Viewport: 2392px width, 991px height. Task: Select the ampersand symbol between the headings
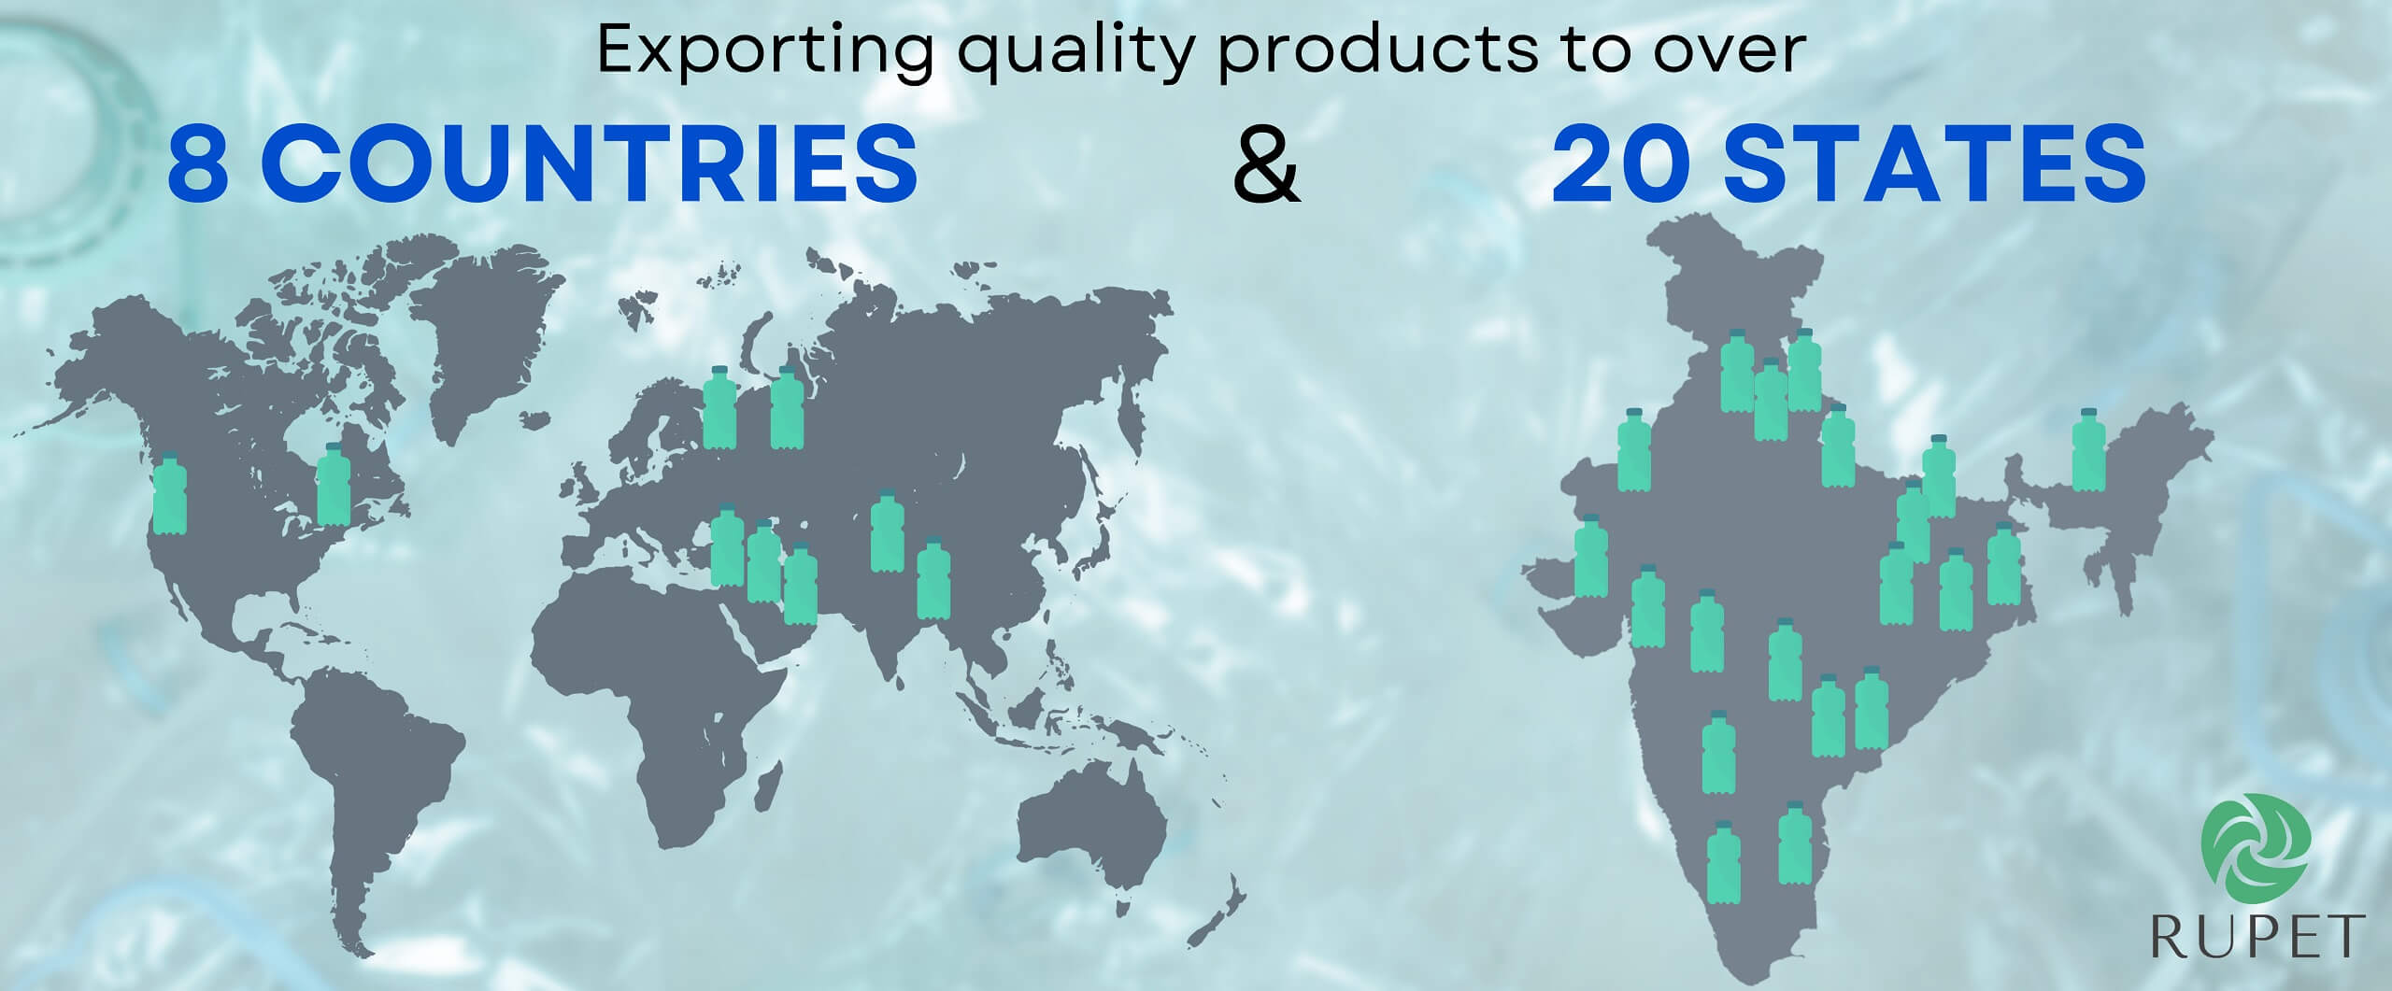(1267, 168)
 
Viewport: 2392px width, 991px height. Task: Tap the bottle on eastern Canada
(334, 484)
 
